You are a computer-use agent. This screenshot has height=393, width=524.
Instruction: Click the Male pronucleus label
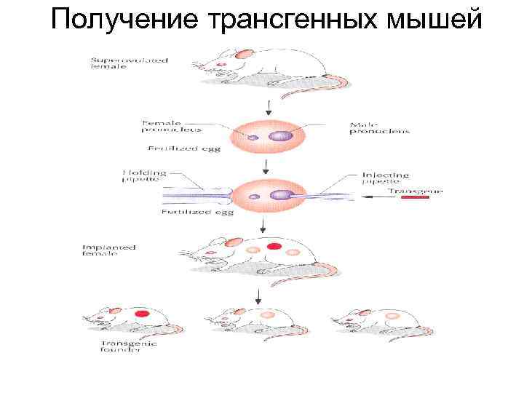pyautogui.click(x=378, y=127)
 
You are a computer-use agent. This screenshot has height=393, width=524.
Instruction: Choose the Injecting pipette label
pyautogui.click(x=385, y=178)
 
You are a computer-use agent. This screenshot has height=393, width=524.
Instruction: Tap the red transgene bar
pyautogui.click(x=414, y=197)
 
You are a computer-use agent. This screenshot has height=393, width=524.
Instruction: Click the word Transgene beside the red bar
pyautogui.click(x=414, y=190)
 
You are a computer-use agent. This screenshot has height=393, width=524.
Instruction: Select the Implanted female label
pyautogui.click(x=108, y=251)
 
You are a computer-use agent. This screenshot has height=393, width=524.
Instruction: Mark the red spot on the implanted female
pyautogui.click(x=274, y=247)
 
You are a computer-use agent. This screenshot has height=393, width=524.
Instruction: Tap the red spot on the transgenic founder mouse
pyautogui.click(x=142, y=314)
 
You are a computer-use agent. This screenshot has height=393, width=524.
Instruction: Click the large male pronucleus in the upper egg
pyautogui.click(x=279, y=135)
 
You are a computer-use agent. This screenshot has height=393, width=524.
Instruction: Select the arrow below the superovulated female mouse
pyautogui.click(x=269, y=108)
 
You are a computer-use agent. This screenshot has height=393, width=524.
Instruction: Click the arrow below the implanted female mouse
pyautogui.click(x=258, y=295)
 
